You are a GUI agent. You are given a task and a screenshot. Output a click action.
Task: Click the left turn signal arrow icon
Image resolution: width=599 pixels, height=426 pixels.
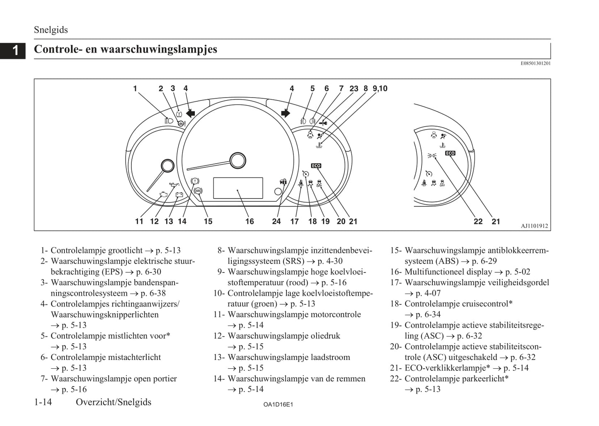[190, 113]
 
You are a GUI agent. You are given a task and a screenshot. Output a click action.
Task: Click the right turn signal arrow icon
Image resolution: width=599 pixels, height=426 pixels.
[286, 113]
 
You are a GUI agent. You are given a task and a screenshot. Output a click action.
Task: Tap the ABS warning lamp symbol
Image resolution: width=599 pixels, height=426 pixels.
[198, 191]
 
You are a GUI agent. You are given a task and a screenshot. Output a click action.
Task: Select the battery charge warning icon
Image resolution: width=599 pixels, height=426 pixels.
[179, 195]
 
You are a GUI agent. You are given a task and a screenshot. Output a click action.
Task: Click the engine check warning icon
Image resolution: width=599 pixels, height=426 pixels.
[163, 194]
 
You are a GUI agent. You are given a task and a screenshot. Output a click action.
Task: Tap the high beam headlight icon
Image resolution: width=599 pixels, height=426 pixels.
[168, 121]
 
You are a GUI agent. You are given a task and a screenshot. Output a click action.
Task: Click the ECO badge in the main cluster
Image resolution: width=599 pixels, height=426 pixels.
[316, 166]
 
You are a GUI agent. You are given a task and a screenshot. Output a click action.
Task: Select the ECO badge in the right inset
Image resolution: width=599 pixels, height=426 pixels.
[450, 153]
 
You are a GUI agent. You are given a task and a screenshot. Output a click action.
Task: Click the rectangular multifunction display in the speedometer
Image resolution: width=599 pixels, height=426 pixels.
[238, 188]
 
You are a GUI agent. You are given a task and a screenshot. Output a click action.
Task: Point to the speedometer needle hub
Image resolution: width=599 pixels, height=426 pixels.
[238, 161]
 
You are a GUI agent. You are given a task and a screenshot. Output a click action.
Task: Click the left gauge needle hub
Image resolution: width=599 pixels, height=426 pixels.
[167, 166]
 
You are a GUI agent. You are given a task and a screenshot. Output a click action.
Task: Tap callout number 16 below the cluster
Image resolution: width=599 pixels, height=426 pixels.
[249, 221]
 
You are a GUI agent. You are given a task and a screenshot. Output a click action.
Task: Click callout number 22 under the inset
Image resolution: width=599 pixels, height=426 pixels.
[478, 221]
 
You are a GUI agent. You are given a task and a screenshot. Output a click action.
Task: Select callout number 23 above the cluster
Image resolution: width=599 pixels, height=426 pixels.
[354, 88]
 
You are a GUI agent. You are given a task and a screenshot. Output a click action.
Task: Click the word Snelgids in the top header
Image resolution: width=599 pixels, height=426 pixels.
[51, 30]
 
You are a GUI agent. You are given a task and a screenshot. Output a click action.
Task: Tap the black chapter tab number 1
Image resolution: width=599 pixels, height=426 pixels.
[15, 50]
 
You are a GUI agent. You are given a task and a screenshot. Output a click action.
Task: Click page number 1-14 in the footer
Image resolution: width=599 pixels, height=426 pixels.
[43, 402]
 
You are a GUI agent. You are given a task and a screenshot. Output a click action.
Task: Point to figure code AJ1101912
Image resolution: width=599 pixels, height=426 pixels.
[534, 226]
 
